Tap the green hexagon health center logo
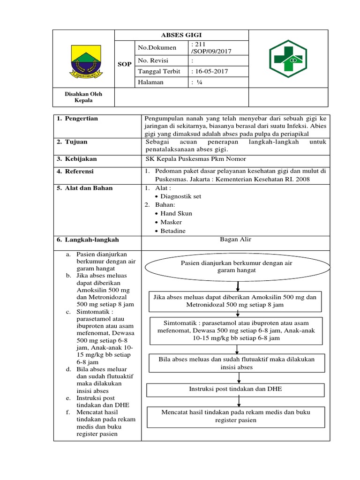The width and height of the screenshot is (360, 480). point(287,60)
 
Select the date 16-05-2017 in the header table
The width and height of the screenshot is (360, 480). point(210,71)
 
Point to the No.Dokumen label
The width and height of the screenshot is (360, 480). point(157,47)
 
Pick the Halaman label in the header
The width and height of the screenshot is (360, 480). point(151,82)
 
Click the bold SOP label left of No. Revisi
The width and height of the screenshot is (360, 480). point(124,64)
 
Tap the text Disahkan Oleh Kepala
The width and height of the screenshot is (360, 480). point(83,97)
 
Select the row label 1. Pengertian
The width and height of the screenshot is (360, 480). point(77,119)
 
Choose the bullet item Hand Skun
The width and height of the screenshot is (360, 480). point(176,213)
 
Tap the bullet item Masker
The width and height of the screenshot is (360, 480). point(171,222)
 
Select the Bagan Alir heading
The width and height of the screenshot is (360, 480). point(235,240)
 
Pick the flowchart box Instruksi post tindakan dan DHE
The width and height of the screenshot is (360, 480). point(235,390)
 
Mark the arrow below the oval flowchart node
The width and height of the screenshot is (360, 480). point(239,285)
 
